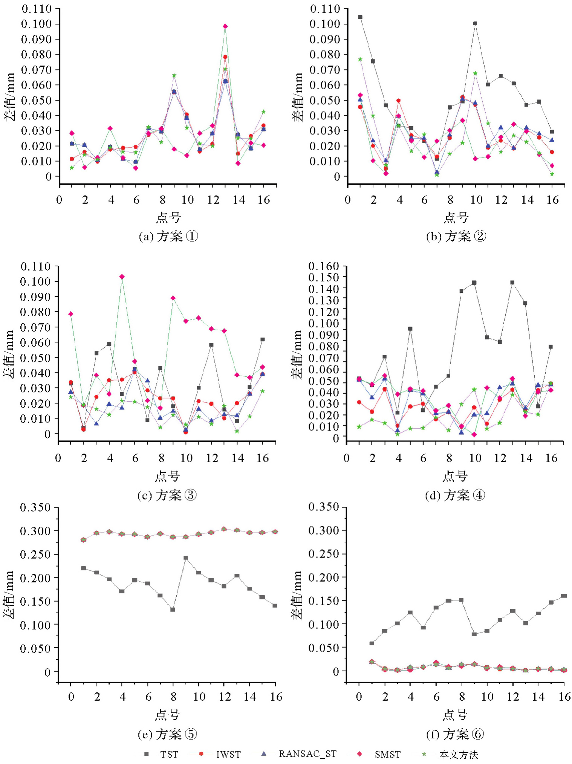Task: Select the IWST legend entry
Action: pyautogui.click(x=216, y=754)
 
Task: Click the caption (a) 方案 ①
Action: pyautogui.click(x=168, y=236)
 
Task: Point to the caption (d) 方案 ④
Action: pyautogui.click(x=455, y=495)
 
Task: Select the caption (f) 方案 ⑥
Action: pyautogui.click(x=455, y=734)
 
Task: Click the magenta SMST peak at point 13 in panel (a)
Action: pyautogui.click(x=225, y=26)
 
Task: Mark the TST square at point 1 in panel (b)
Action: pyautogui.click(x=360, y=17)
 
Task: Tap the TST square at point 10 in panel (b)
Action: pyautogui.click(x=475, y=23)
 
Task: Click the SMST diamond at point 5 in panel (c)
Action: pyautogui.click(x=122, y=277)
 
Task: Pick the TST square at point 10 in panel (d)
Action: pyautogui.click(x=474, y=283)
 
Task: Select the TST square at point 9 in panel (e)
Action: pyautogui.click(x=185, y=558)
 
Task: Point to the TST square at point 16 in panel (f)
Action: pyautogui.click(x=564, y=596)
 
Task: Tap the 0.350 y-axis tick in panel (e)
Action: pyautogui.click(x=35, y=507)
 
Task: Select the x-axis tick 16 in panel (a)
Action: pyautogui.click(x=264, y=200)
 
